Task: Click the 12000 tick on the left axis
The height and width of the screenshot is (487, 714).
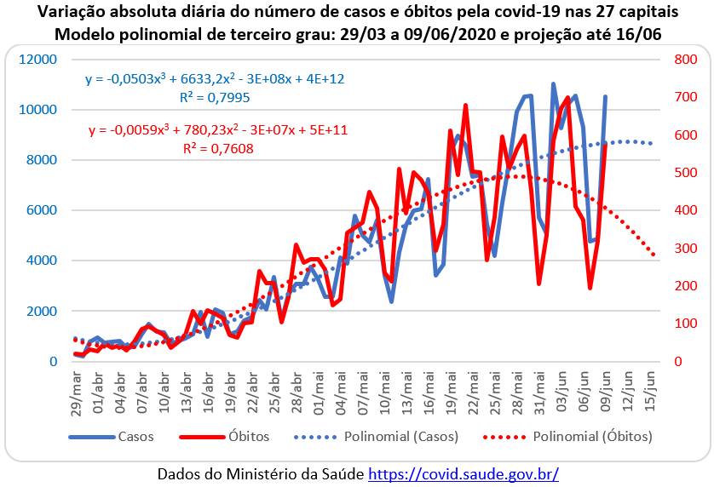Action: (x=40, y=60)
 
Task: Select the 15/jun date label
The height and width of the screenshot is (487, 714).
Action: (x=652, y=391)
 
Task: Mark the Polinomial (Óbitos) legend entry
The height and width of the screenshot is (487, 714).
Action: (x=592, y=437)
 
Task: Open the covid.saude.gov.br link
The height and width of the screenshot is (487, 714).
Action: (x=464, y=472)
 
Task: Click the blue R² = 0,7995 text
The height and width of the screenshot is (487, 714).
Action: (x=214, y=97)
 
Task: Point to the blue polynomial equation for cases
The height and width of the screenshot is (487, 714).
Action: (x=215, y=79)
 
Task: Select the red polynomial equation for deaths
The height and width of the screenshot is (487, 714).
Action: (x=218, y=130)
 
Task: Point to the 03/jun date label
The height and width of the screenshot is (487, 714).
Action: (x=555, y=391)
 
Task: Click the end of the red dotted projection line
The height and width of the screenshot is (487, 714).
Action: (x=654, y=254)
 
